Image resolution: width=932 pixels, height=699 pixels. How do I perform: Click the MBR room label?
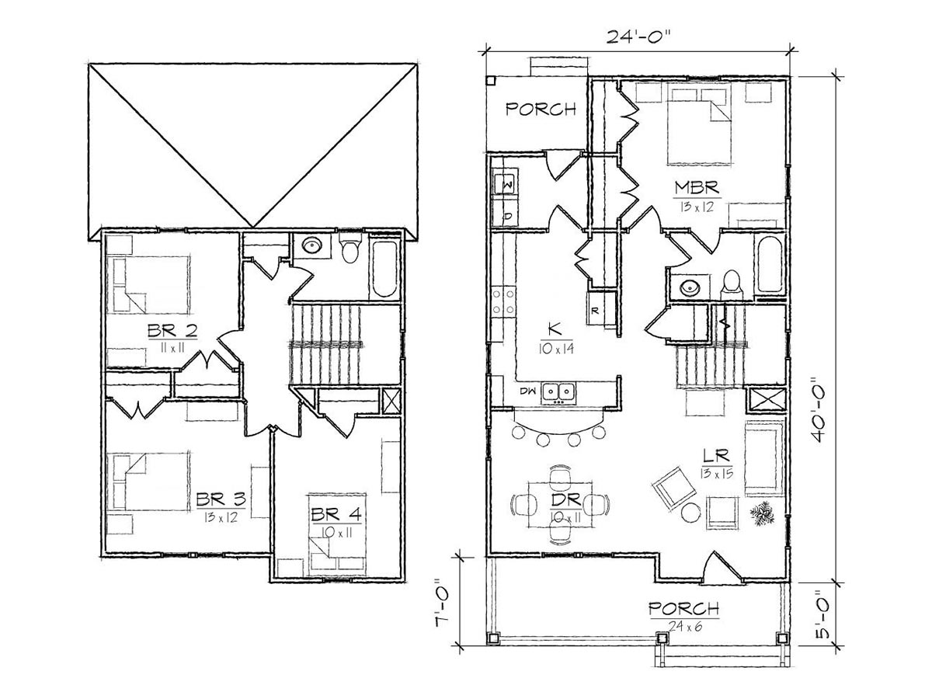click(697, 187)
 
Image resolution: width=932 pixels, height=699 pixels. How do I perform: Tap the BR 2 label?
click(172, 330)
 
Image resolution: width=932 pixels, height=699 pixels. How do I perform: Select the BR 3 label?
click(221, 499)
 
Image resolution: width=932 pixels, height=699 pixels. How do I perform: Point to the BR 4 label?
click(336, 514)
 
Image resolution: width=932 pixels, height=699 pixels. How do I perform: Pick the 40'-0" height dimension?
click(818, 409)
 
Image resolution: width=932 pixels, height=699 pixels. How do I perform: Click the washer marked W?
click(504, 181)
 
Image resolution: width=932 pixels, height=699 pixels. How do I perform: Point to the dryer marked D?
click(504, 214)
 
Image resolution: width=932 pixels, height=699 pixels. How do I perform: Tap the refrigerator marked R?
click(600, 309)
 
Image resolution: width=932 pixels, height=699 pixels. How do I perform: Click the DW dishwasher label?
click(527, 391)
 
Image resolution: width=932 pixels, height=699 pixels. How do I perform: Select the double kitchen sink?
click(558, 392)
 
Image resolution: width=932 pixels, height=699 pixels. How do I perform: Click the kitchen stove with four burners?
click(503, 302)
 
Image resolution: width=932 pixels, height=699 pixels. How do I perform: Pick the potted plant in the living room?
click(762, 513)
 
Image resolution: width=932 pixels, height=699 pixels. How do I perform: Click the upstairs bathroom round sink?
click(312, 245)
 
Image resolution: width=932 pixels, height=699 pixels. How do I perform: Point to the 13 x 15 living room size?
click(717, 474)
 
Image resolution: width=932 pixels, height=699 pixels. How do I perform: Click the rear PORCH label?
click(541, 109)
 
